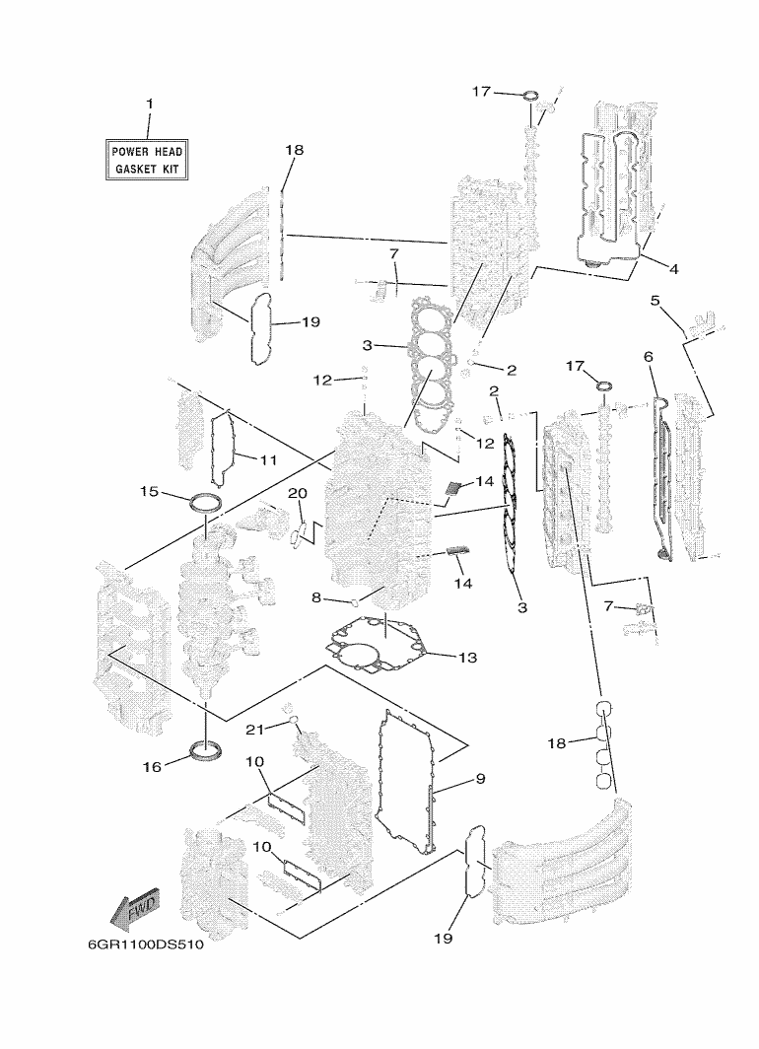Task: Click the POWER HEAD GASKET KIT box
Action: point(147,160)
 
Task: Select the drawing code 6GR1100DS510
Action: point(146,945)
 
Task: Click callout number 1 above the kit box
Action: point(150,104)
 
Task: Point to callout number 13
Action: point(468,658)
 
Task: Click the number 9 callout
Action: point(481,779)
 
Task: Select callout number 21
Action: point(254,730)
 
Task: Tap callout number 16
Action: point(153,767)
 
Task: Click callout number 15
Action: point(149,492)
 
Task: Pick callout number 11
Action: point(268,460)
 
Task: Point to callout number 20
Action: point(298,494)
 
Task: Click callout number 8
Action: point(316,597)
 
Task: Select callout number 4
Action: point(673,269)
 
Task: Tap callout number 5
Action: point(655,301)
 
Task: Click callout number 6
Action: point(648,357)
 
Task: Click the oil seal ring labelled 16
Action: point(207,749)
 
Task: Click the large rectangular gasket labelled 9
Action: point(406,782)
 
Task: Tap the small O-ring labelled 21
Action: point(293,720)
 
